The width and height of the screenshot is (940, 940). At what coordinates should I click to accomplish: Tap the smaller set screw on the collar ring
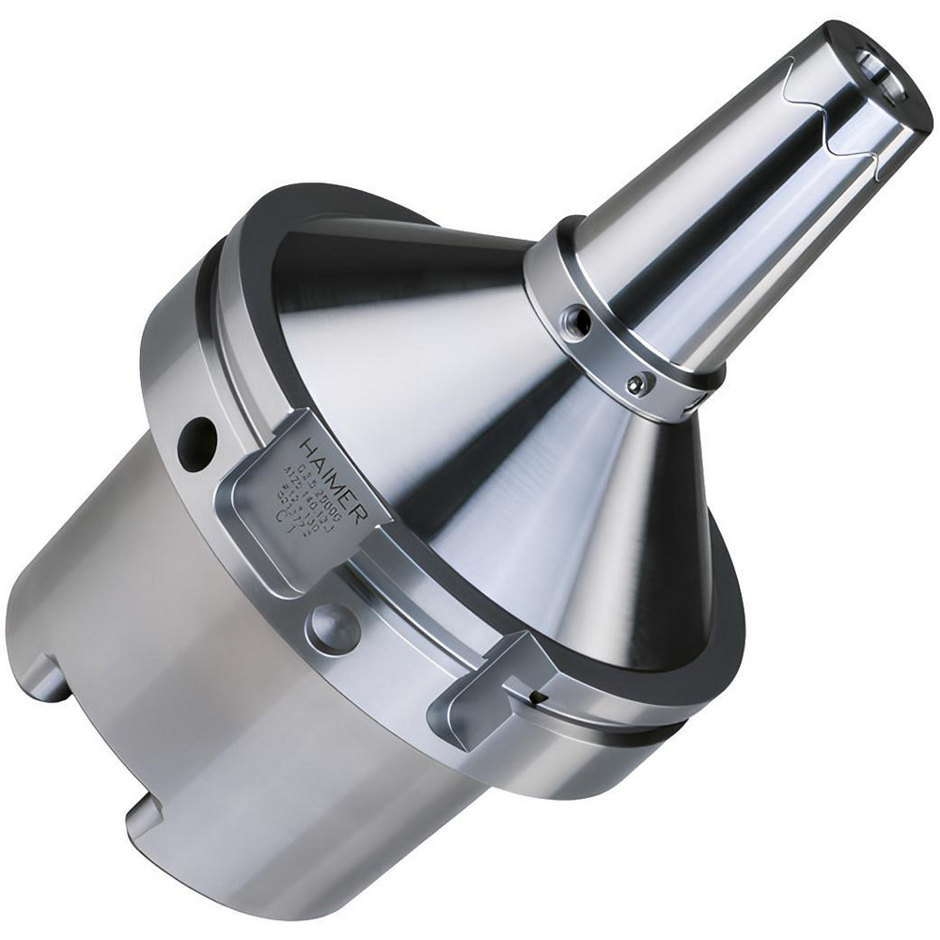pyautogui.click(x=639, y=384)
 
